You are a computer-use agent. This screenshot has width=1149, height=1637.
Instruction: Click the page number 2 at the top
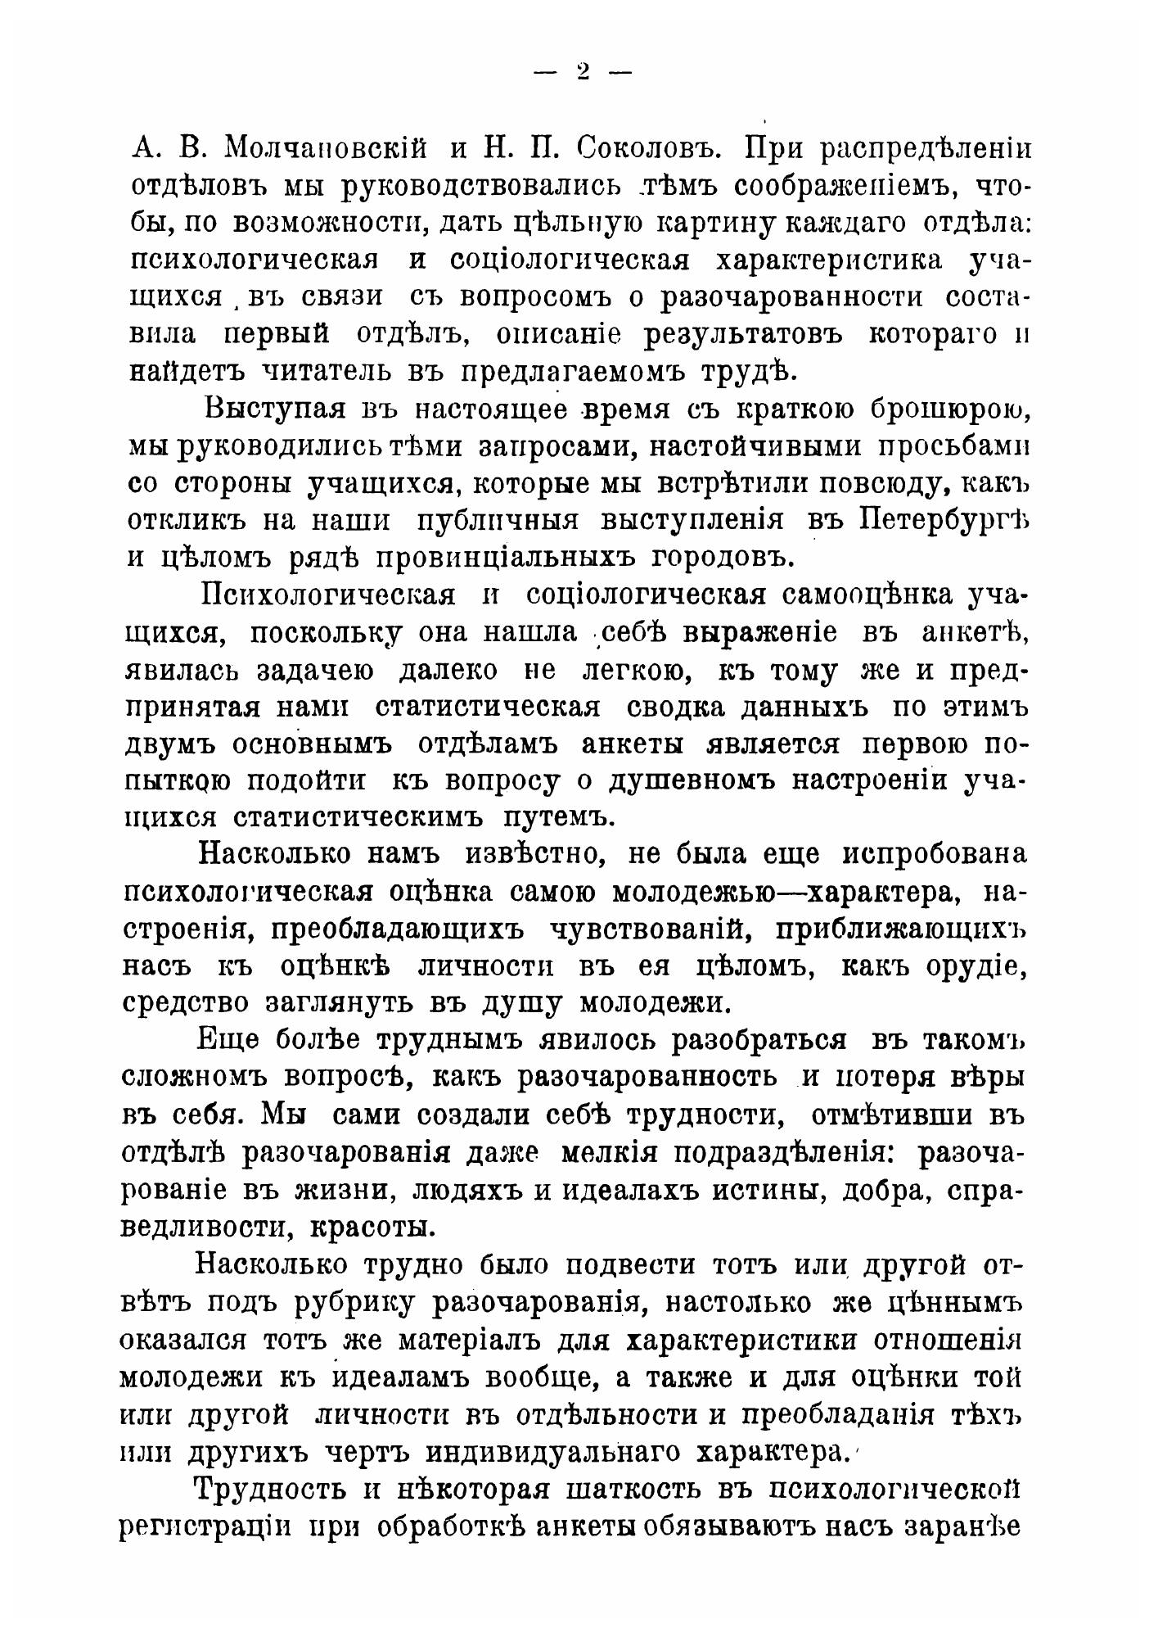pos(583,71)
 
